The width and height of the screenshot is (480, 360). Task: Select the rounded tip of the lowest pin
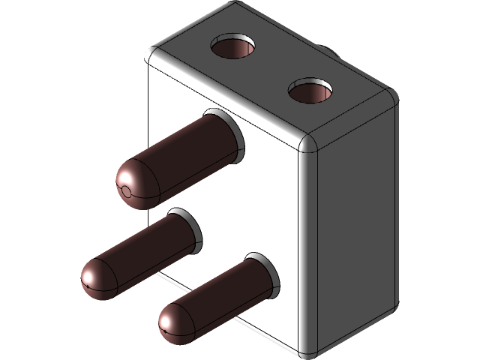coord(175,322)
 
